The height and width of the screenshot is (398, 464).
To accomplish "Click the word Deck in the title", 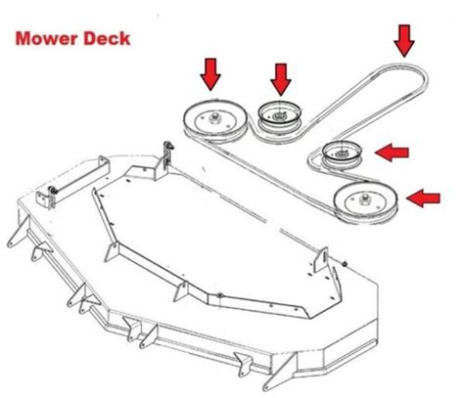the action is (x=107, y=38).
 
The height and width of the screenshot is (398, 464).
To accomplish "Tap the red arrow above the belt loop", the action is (x=404, y=41).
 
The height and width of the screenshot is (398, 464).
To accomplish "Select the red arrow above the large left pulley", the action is (x=210, y=74).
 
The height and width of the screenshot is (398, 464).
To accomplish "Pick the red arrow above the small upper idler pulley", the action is (x=281, y=79).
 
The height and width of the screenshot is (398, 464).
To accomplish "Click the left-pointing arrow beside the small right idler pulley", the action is (x=392, y=153).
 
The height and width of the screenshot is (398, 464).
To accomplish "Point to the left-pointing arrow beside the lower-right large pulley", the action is (x=423, y=199).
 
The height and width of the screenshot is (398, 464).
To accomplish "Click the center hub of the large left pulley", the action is (x=214, y=117).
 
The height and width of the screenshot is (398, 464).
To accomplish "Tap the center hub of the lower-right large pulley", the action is (x=363, y=199).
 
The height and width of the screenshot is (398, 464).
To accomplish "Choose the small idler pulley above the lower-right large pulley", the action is (x=342, y=155).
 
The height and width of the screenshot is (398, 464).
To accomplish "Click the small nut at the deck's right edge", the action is (x=345, y=263).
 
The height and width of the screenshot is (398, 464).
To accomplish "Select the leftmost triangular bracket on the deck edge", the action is (x=18, y=233).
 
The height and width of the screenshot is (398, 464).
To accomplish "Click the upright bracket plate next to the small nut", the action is (x=320, y=261).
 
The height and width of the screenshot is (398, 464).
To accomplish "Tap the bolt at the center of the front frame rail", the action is (x=220, y=295).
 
